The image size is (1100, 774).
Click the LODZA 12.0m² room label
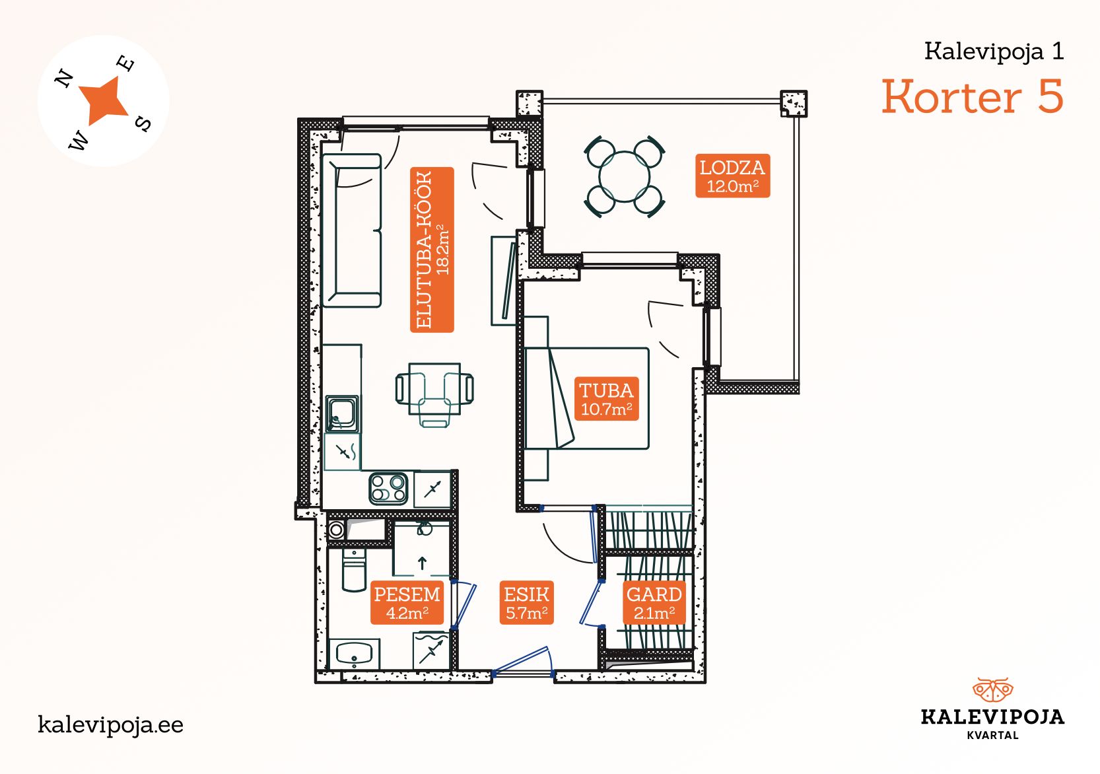click(x=733, y=176)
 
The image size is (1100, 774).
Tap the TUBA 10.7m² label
click(x=607, y=399)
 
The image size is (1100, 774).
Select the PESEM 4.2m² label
click(x=407, y=602)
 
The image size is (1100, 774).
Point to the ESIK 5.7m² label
click(x=526, y=602)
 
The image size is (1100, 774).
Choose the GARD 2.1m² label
click(x=654, y=602)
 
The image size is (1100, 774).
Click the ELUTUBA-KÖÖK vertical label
click(x=432, y=250)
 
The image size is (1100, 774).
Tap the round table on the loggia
click(x=624, y=177)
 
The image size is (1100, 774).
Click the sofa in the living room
click(x=352, y=230)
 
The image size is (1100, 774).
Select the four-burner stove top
click(x=388, y=489)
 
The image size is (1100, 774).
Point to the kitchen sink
click(x=342, y=414)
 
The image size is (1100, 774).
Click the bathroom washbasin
click(x=355, y=654)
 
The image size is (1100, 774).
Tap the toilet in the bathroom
click(x=354, y=570)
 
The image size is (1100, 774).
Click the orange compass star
click(x=104, y=100)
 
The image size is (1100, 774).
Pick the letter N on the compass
click(x=64, y=78)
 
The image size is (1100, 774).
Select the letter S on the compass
click(x=143, y=123)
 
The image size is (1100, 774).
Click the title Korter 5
click(x=973, y=96)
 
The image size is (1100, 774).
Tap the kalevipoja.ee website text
click(x=110, y=725)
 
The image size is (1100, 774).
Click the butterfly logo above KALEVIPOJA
click(x=992, y=690)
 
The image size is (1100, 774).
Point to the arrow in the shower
click(x=422, y=563)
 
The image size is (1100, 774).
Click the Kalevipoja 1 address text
click(x=994, y=52)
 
